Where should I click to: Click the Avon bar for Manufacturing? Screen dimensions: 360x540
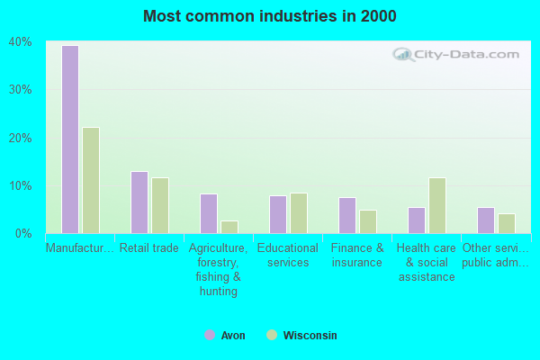70,139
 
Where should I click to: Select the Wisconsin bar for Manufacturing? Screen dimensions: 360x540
91,180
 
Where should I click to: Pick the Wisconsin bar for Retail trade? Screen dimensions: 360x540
160,205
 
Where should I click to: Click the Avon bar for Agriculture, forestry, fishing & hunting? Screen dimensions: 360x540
209,213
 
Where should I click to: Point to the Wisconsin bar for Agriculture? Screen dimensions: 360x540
229,227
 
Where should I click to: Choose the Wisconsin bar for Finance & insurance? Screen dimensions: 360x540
367,221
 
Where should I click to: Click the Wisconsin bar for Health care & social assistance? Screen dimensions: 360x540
436,205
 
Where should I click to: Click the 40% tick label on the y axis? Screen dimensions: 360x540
21,41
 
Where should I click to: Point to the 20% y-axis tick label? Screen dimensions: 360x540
21,138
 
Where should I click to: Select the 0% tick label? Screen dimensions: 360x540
24,233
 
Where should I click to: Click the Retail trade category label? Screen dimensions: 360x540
149,248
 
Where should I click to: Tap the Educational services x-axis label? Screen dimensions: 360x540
287,256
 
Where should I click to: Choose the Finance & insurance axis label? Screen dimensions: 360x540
357,256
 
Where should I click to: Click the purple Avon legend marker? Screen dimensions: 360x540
210,335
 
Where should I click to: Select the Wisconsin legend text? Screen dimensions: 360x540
310,336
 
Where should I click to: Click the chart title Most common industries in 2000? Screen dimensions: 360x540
270,16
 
